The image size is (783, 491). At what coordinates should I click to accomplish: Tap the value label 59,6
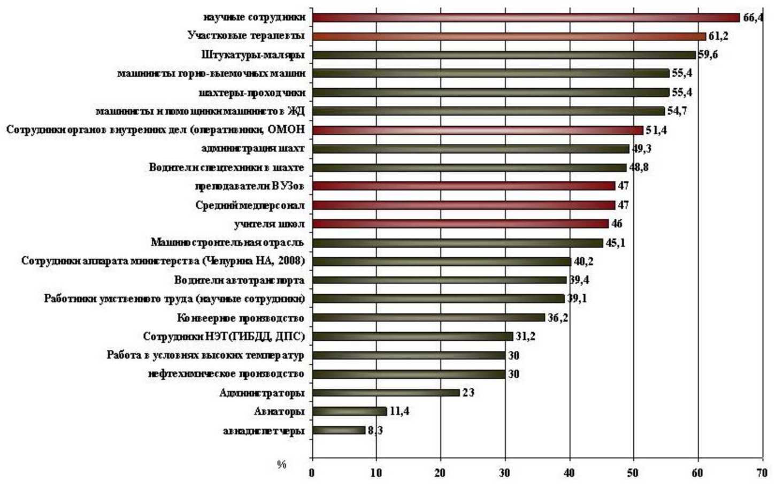tap(708, 55)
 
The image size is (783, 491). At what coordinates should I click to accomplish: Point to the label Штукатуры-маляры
tap(253, 55)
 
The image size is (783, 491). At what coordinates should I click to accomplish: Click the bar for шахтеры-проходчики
tap(490, 93)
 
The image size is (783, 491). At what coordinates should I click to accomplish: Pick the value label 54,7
tap(677, 111)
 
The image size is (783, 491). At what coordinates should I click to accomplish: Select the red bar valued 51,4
tap(477, 130)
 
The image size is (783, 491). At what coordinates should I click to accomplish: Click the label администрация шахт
tap(253, 149)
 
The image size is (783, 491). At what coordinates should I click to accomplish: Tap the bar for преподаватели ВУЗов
tap(463, 186)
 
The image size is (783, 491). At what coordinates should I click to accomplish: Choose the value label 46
tap(617, 224)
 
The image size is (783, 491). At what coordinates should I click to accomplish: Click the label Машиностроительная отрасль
tap(227, 243)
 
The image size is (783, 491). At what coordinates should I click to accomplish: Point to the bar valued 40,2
tap(441, 262)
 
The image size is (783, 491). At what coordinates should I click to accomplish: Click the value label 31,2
tap(525, 336)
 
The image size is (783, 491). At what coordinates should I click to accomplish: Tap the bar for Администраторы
tap(386, 393)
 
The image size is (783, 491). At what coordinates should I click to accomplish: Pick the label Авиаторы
tap(279, 411)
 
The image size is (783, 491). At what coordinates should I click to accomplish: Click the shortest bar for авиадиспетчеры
tap(339, 430)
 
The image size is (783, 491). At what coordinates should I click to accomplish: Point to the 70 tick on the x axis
tap(762, 473)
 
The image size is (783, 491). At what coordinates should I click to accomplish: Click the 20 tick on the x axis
tap(441, 473)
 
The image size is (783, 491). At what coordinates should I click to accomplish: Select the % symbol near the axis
tap(281, 464)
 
